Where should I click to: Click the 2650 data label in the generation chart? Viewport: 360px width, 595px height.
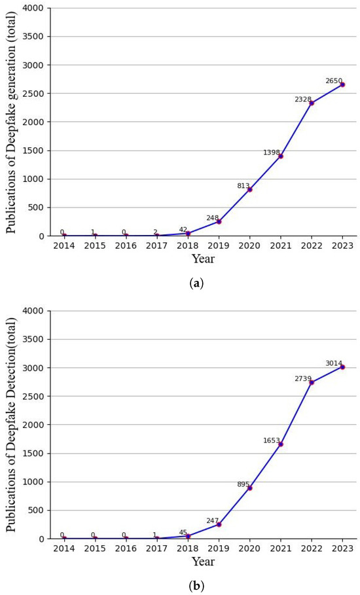pos(334,81)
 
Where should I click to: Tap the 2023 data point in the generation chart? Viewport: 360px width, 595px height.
pos(342,84)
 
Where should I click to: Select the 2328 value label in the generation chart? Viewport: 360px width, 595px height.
pos(302,99)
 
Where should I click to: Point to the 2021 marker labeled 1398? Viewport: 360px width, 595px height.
pos(281,156)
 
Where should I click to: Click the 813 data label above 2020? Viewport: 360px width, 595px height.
pos(243,186)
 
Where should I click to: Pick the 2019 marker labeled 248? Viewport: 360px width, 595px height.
pos(219,221)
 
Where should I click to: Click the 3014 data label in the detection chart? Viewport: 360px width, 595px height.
pos(334,363)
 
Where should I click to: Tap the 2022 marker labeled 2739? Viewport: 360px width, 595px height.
pos(312,382)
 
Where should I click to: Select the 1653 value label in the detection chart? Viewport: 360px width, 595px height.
pos(272,441)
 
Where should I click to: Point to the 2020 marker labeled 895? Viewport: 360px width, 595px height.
pos(250,488)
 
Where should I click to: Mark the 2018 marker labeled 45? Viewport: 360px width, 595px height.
pos(188,536)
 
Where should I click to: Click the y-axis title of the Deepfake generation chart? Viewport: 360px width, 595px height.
pos(12,122)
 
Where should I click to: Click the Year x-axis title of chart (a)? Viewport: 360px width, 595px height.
pos(203,259)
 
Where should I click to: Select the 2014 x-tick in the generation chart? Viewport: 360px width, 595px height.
pos(63,245)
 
